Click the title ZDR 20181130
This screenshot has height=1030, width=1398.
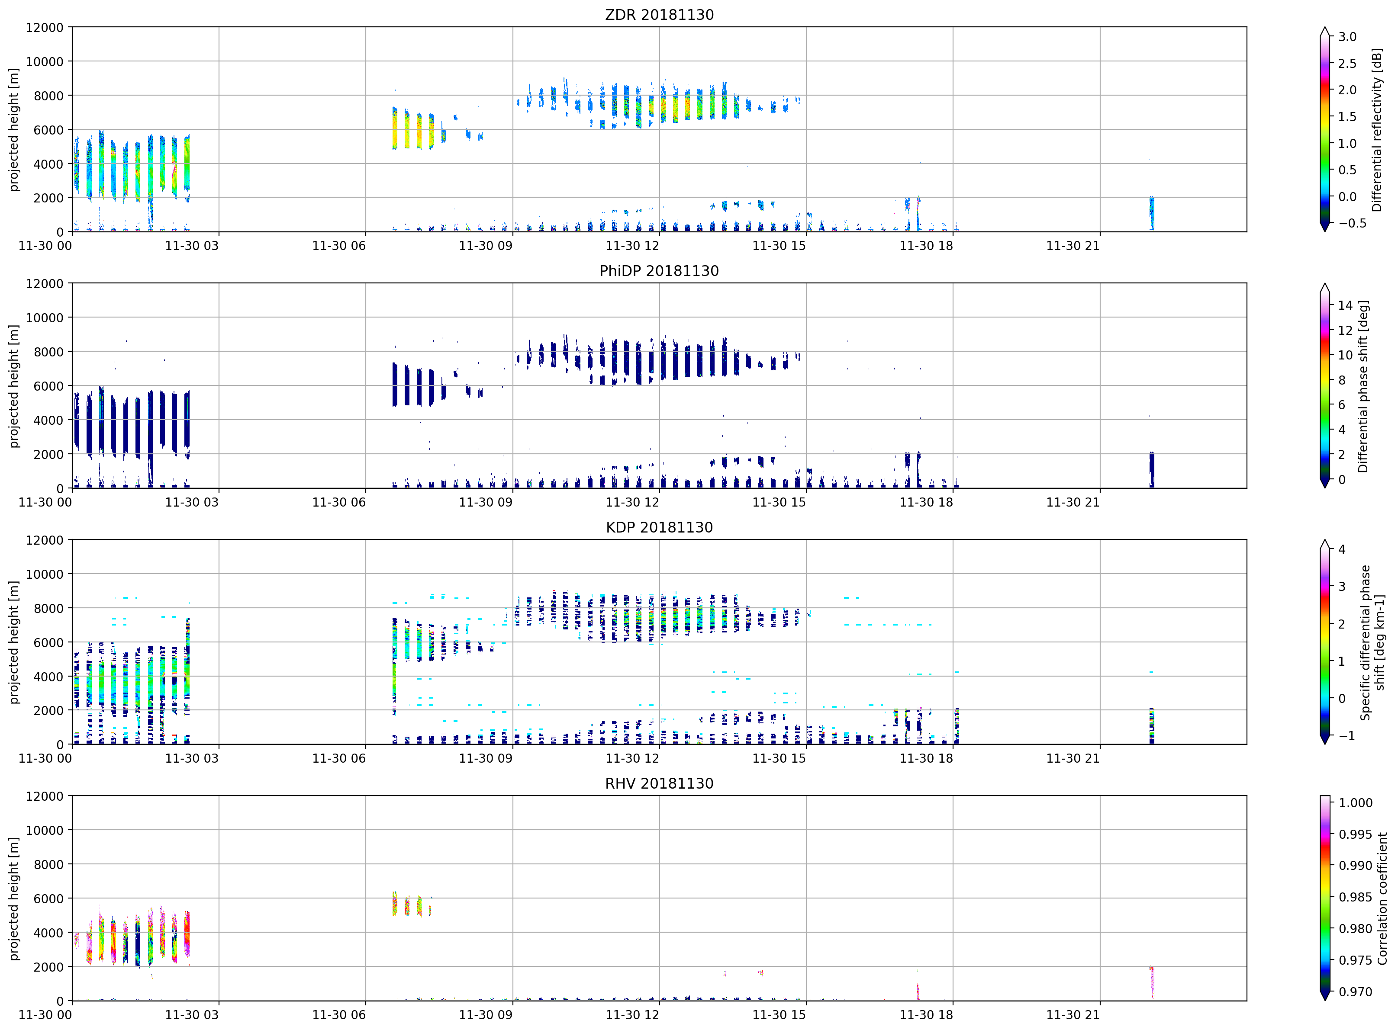pos(659,14)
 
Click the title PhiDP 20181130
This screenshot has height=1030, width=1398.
pos(659,271)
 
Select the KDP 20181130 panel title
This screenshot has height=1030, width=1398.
pos(659,527)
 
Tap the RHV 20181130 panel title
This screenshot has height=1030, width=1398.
pos(659,783)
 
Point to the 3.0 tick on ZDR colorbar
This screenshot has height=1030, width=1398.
pos(1347,37)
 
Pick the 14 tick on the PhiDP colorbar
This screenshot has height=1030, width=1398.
pos(1345,305)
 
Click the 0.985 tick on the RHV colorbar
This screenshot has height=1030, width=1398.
pos(1355,897)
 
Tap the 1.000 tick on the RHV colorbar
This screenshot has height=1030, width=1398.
pos(1355,803)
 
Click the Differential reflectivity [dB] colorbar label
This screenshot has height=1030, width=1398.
pos(1377,130)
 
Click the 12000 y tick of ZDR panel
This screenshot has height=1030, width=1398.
pos(44,27)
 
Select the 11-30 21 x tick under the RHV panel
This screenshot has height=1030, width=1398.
pos(1073,1015)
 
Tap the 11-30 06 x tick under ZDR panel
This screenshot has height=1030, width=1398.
pos(339,246)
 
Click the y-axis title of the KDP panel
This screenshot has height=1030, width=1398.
pos(14,642)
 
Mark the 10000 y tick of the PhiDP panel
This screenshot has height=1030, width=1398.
pos(44,318)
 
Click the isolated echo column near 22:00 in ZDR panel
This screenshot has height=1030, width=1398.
pos(1152,213)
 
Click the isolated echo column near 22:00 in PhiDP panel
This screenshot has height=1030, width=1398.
pos(1152,469)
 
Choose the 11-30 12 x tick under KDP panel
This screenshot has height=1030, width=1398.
pos(632,758)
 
